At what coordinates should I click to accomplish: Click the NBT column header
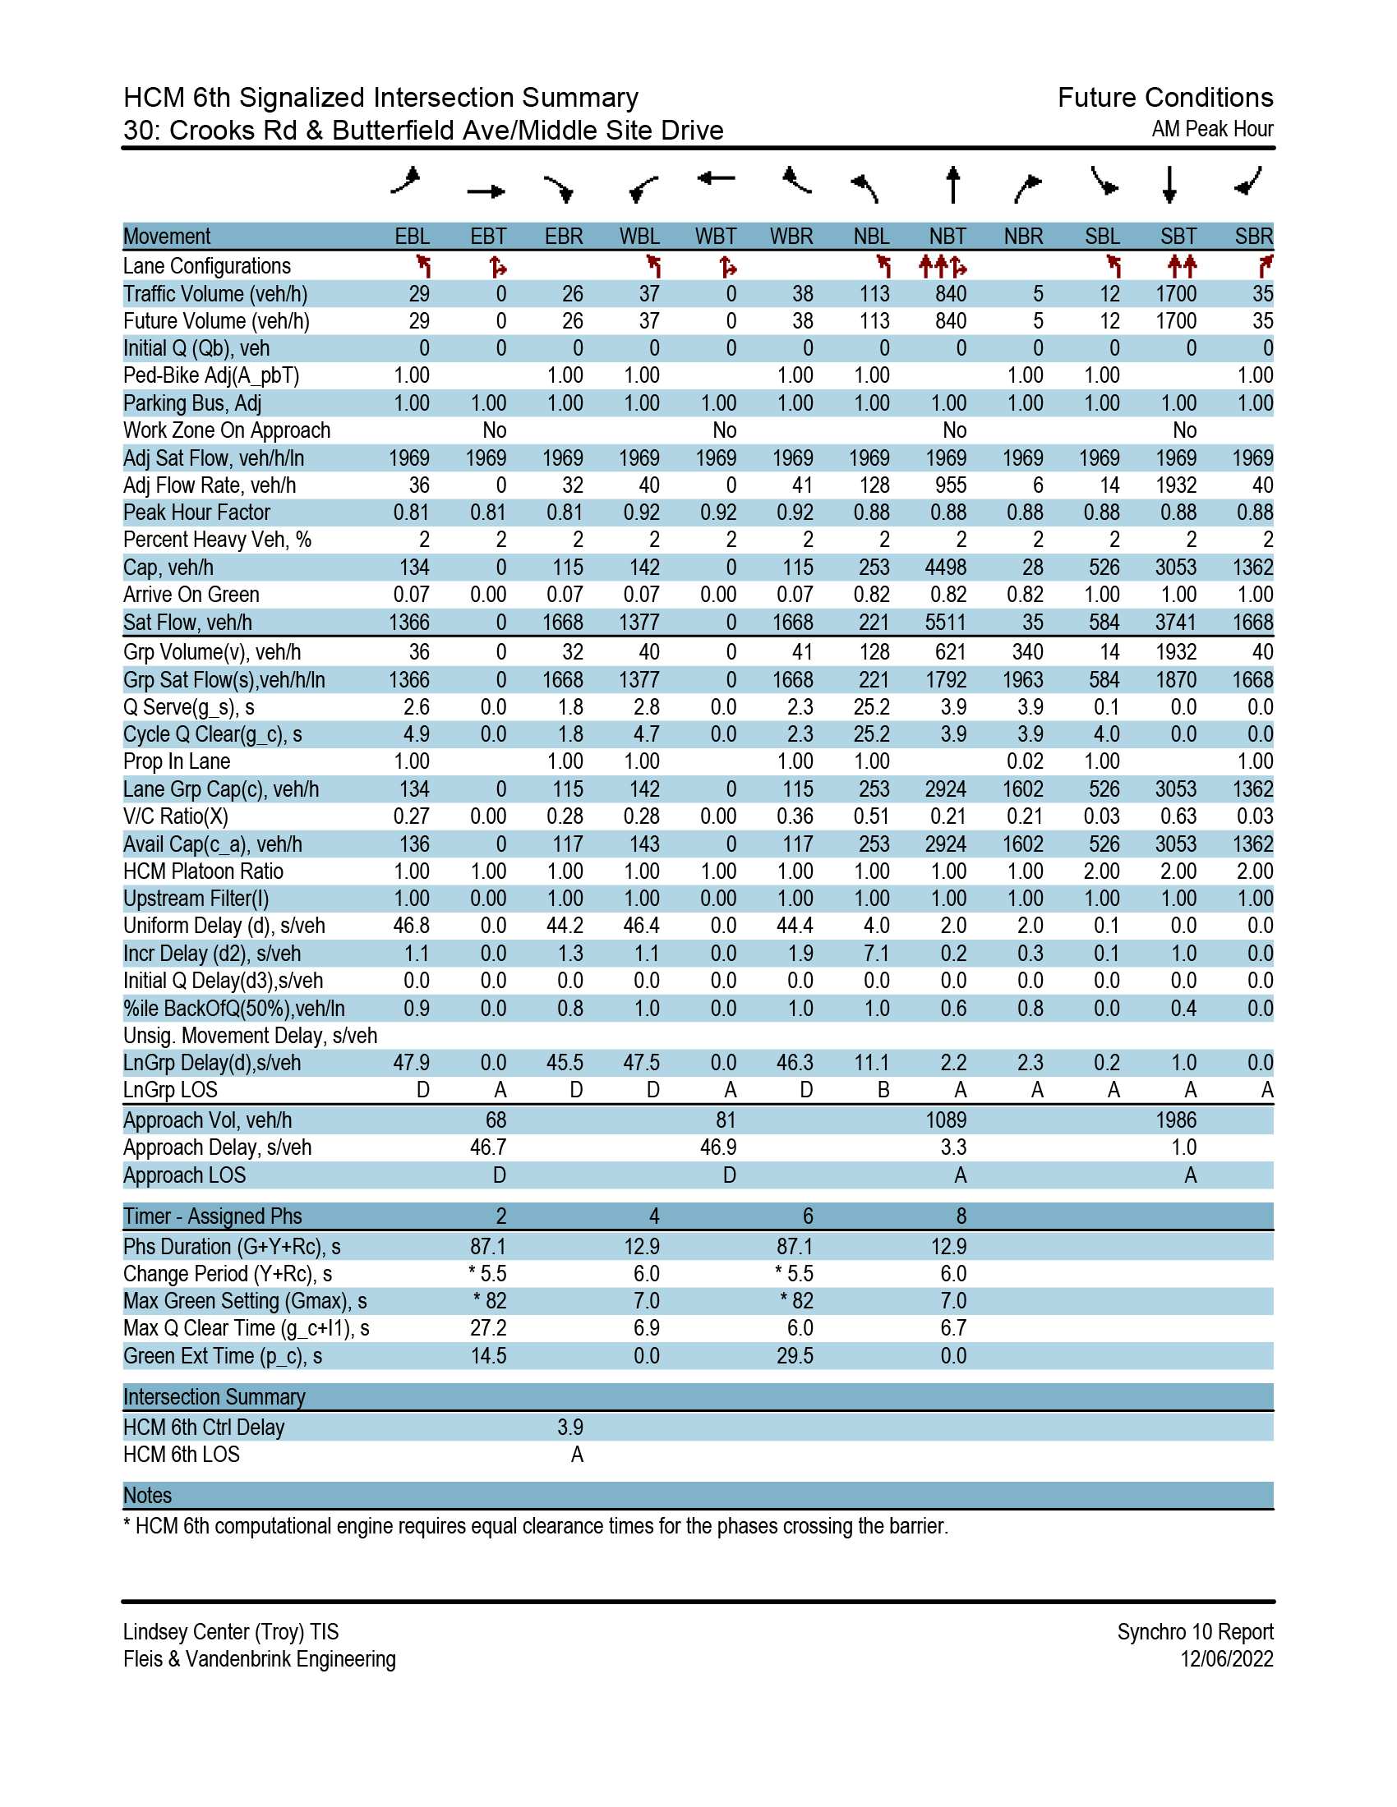[x=947, y=237]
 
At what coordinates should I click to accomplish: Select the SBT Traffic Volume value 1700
[x=1175, y=294]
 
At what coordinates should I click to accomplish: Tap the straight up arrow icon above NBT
[x=952, y=185]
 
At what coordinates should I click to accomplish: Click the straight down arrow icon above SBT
[x=1169, y=185]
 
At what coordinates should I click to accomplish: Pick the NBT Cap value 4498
[x=945, y=568]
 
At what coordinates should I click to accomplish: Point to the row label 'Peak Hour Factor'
[x=197, y=513]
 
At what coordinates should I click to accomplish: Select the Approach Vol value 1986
[x=1175, y=1120]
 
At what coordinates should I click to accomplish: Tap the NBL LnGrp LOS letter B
[x=883, y=1091]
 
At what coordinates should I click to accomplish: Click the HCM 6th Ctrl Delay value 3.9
[x=570, y=1428]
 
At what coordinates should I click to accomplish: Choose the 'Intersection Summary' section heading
[x=214, y=1396]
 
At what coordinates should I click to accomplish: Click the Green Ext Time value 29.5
[x=795, y=1356]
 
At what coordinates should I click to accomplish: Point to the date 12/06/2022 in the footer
[x=1227, y=1659]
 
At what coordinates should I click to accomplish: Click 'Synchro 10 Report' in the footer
[x=1195, y=1631]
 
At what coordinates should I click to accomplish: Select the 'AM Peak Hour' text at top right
[x=1212, y=129]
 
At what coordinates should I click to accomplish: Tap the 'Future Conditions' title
[x=1165, y=98]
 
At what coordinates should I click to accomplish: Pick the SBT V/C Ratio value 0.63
[x=1178, y=816]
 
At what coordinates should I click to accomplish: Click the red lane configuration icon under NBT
[x=943, y=266]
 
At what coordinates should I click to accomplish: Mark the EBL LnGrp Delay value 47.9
[x=412, y=1063]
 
